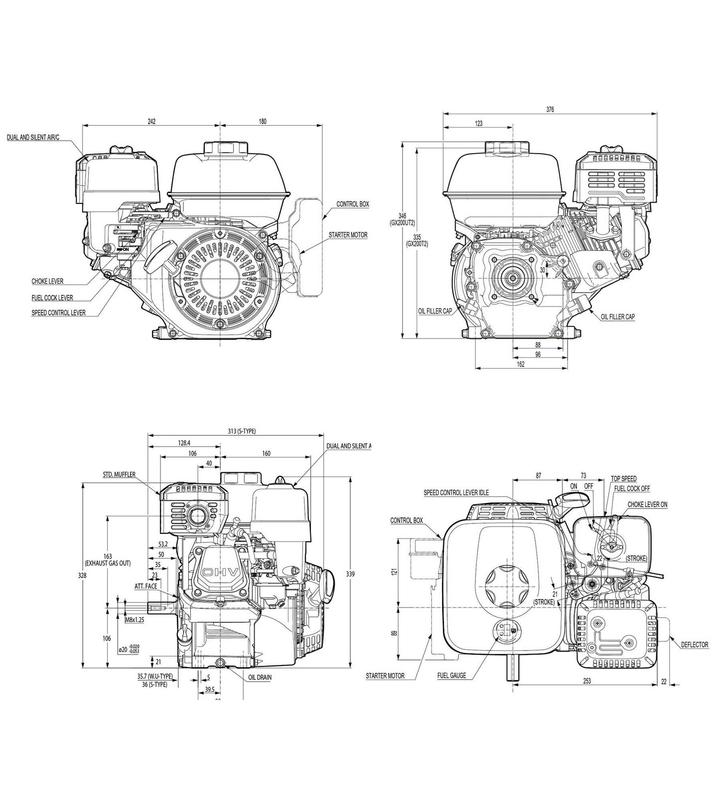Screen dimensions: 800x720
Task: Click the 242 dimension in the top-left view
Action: pyautogui.click(x=151, y=121)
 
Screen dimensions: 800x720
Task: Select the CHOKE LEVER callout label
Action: pyautogui.click(x=47, y=282)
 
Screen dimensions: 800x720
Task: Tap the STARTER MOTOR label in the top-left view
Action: pyautogui.click(x=348, y=234)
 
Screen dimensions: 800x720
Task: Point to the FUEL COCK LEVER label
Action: pyautogui.click(x=52, y=298)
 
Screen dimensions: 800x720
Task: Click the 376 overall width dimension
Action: pyautogui.click(x=550, y=109)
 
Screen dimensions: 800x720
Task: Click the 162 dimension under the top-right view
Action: pyautogui.click(x=520, y=364)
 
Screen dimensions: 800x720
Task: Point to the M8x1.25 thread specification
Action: pyautogui.click(x=135, y=620)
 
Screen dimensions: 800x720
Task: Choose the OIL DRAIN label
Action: pyautogui.click(x=260, y=678)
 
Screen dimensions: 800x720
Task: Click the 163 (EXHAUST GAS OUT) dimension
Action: pyautogui.click(x=108, y=559)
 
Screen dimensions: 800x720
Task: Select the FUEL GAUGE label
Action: pyautogui.click(x=451, y=675)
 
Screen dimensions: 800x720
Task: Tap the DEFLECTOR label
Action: pyautogui.click(x=695, y=644)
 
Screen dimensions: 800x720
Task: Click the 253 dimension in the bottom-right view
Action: pyautogui.click(x=586, y=681)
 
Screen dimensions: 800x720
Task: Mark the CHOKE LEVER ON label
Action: pyautogui.click(x=647, y=504)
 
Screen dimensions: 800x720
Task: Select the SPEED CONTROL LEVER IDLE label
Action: pyautogui.click(x=456, y=492)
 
